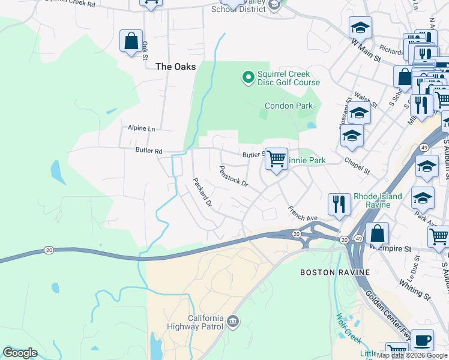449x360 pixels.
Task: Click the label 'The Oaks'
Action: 175,67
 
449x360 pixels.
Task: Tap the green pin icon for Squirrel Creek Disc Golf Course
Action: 246,77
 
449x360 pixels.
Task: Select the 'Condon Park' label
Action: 289,106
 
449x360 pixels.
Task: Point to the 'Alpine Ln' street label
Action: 141,128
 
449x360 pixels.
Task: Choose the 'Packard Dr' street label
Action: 202,192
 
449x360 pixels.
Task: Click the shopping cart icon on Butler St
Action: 276,160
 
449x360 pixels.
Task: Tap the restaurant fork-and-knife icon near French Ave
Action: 340,204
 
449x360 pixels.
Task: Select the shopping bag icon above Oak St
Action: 131,41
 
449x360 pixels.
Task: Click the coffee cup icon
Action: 423,340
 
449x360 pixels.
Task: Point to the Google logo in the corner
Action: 20,353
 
